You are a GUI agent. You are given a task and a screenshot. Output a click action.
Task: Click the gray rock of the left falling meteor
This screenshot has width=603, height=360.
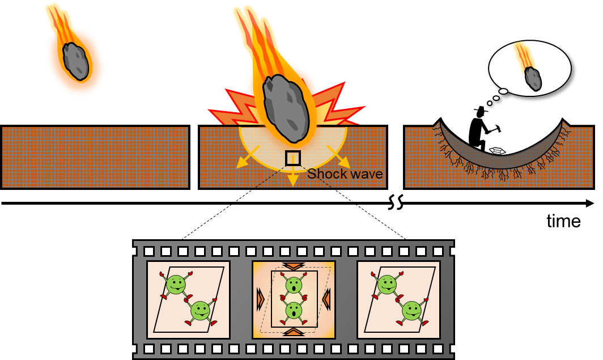76,61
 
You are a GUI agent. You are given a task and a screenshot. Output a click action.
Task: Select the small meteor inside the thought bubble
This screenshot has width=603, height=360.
533,78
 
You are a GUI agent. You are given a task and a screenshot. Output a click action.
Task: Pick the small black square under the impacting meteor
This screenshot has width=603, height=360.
292,158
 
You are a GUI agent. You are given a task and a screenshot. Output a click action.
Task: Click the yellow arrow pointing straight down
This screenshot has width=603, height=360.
292,179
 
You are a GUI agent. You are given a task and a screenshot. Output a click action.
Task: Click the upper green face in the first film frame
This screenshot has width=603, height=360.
176,283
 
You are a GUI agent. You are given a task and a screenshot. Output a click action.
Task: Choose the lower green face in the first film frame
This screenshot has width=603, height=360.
200,310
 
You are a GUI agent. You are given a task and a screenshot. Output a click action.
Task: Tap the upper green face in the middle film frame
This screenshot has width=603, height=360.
294,285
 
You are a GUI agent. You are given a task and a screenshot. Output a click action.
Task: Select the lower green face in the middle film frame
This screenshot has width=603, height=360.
294,310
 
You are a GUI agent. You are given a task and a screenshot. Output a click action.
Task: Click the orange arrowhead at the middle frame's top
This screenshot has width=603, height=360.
294,266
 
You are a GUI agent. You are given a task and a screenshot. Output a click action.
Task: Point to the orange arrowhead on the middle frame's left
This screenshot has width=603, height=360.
261,299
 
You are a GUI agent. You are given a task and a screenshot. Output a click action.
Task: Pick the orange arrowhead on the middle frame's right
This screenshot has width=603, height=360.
326,299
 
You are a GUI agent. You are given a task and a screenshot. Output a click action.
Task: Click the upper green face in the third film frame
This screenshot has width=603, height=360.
387,283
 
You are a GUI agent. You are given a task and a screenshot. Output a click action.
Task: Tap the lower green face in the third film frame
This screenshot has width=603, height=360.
411,310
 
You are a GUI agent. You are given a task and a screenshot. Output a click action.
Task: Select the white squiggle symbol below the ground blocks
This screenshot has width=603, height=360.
396,202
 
